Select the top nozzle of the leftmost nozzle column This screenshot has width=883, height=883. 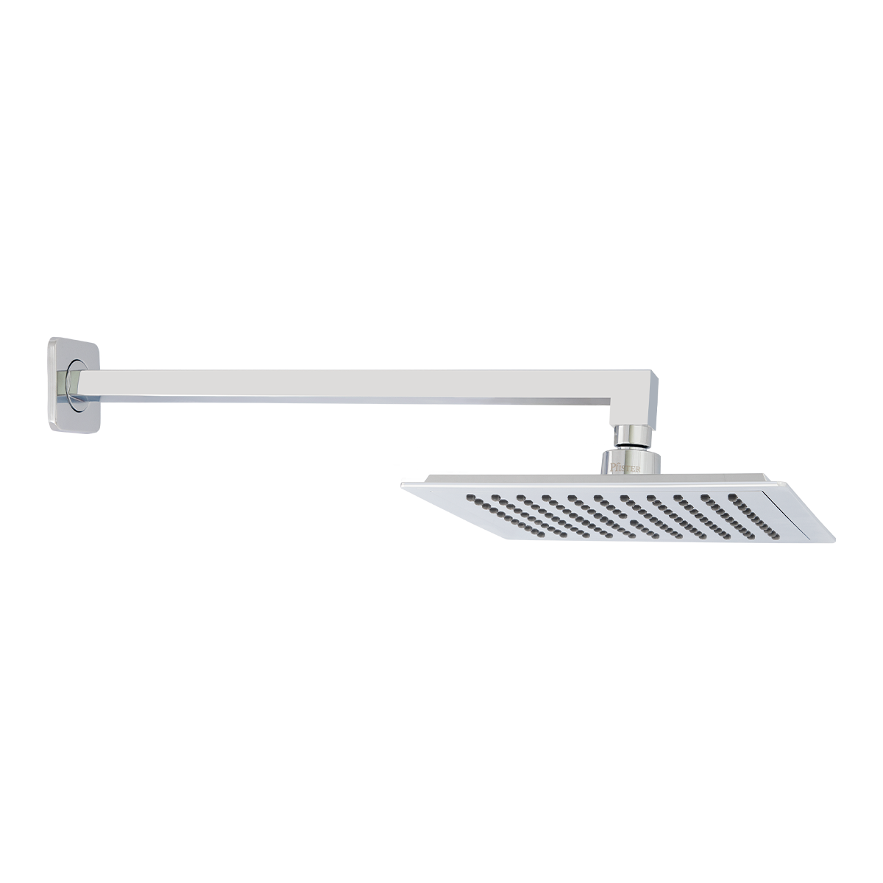click(x=469, y=498)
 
